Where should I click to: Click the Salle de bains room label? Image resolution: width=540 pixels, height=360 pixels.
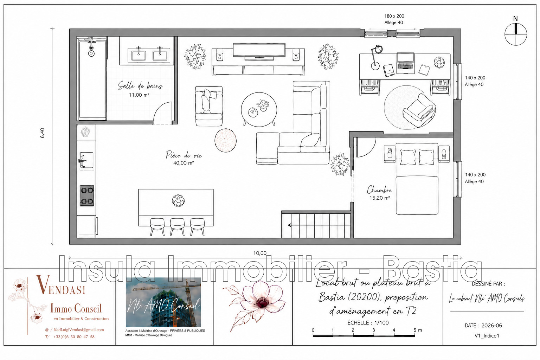[140, 85]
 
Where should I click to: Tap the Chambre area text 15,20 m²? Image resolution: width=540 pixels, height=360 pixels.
[380, 198]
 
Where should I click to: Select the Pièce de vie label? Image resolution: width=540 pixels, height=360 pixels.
[184, 155]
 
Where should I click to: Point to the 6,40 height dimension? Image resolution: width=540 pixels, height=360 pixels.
[43, 133]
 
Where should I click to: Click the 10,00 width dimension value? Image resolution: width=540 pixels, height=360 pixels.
[260, 253]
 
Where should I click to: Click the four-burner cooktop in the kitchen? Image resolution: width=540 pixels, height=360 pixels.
[87, 196]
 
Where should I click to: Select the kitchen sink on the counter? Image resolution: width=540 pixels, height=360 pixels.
[86, 160]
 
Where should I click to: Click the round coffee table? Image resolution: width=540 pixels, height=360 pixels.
[259, 109]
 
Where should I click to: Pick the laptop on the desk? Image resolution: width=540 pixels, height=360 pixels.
[405, 63]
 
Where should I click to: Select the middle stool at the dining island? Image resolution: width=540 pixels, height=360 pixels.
[177, 227]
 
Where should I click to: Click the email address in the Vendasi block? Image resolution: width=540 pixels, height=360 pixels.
[79, 330]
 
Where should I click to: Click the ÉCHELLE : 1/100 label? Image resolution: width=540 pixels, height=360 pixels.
[368, 323]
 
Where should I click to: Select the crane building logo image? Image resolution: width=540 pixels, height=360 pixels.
[163, 302]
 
